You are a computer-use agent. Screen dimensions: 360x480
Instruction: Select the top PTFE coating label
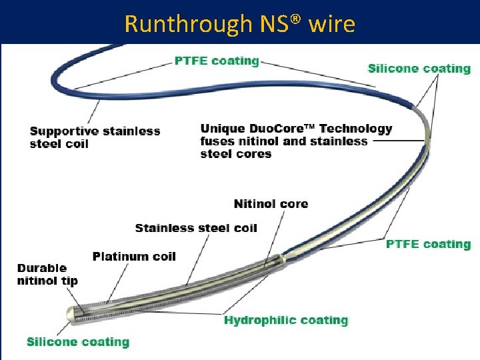pos(217,61)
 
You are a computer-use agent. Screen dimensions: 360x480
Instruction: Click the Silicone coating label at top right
pos(419,69)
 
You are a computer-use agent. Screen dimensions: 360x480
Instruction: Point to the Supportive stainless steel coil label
pos(95,137)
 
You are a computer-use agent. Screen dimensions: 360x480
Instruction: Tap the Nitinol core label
pos(271,203)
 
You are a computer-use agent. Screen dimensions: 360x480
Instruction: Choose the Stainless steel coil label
pos(195,228)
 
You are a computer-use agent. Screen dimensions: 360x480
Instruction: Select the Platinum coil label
pos(134,257)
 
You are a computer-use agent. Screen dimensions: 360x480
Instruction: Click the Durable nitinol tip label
pos(47,274)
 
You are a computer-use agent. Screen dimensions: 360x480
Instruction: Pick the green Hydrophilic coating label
pos(286,321)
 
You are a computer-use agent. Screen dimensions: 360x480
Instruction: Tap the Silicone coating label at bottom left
pos(77,342)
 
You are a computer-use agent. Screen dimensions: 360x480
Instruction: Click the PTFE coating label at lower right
pos(428,244)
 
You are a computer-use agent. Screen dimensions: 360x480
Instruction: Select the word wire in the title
pos(332,24)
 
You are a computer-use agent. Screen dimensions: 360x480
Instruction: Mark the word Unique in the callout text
pos(223,129)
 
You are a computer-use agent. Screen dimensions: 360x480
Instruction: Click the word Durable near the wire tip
pos(41,268)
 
